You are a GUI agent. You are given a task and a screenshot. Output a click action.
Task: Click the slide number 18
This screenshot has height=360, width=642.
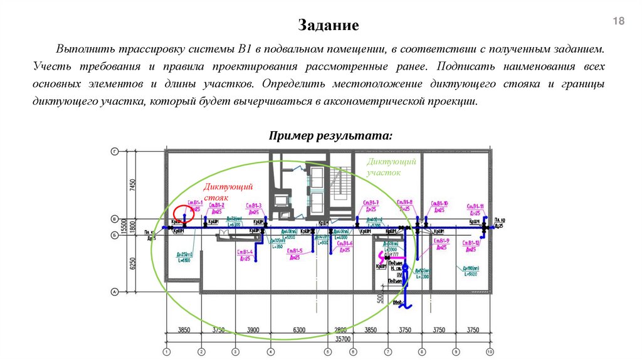pos(618,23)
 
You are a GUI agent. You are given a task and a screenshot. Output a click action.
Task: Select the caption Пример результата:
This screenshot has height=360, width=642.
pos(330,136)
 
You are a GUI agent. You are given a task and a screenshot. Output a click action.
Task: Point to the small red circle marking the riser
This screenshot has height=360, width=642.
pos(184,213)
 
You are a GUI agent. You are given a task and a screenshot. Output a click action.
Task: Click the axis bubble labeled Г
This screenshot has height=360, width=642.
pos(115,152)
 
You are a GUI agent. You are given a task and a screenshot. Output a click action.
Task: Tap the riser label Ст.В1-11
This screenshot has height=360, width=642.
pos(474,206)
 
